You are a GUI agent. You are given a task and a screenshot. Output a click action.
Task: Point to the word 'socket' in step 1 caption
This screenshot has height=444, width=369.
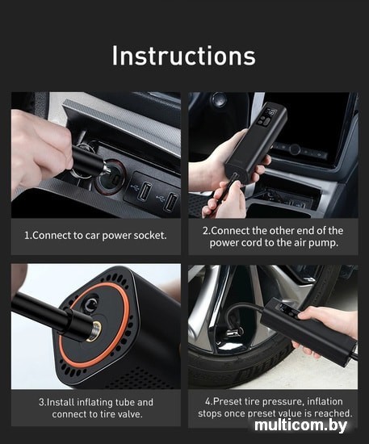[x=149, y=236]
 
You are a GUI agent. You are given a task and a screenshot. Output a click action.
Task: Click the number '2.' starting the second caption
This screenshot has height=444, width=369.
[x=206, y=231]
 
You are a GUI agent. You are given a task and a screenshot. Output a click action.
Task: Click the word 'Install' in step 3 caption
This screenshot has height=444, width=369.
[x=65, y=402]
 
